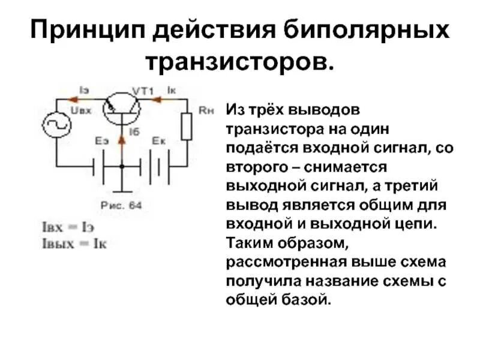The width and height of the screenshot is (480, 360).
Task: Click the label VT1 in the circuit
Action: [x=143, y=91]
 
